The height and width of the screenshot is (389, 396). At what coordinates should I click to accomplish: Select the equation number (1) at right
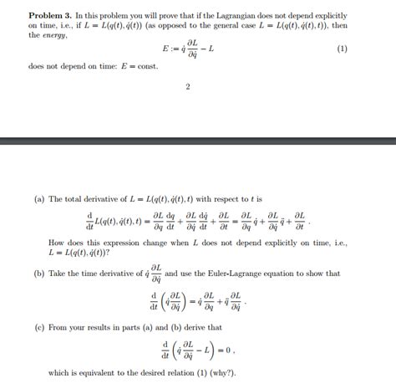342,49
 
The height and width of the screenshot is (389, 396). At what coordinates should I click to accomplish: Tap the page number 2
188,86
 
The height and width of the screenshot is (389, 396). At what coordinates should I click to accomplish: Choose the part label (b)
39,274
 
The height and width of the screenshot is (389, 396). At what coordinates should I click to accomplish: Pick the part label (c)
39,327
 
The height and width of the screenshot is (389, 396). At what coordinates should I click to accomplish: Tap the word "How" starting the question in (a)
57,243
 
